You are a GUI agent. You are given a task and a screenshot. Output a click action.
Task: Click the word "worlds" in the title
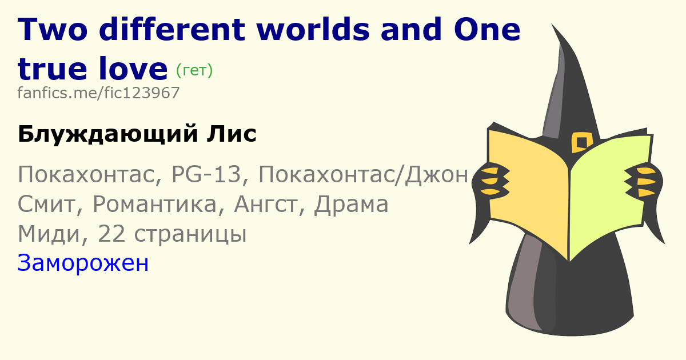(313, 29)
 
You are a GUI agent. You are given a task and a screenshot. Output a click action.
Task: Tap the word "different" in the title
(172, 29)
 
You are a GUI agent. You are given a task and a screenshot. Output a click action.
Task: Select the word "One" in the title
(487, 30)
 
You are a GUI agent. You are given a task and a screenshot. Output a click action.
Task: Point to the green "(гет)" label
(194, 70)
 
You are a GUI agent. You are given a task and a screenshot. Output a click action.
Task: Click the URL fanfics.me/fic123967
(98, 93)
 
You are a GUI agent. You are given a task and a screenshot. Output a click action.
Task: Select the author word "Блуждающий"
(108, 134)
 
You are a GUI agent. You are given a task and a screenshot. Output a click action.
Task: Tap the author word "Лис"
(232, 134)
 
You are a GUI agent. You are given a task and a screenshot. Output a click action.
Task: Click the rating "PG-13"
(206, 174)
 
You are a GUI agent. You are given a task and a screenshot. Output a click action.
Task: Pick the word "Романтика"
(154, 204)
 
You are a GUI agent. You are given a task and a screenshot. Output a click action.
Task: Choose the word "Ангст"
(266, 204)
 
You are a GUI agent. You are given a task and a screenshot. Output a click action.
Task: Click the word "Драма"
(351, 204)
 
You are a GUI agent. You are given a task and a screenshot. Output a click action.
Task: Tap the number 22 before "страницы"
(111, 234)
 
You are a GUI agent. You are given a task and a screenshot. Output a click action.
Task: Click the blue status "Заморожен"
(83, 263)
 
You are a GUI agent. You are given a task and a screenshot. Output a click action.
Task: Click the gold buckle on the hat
(581, 142)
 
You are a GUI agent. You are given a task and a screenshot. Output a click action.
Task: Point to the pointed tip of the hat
(552, 24)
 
